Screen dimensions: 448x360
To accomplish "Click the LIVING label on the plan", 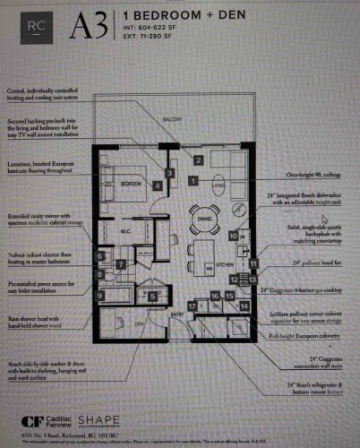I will point(219,187).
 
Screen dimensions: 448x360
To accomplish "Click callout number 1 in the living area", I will point(193,180).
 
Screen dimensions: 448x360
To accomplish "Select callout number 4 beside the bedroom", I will point(158,185).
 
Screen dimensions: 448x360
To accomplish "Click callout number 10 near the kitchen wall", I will point(233,236).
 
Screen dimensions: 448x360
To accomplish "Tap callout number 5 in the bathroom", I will point(152,296).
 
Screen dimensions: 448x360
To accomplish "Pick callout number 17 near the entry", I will point(193,306).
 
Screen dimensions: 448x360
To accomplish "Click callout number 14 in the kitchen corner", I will point(244,306).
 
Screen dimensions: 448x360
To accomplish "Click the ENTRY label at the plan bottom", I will point(177,314).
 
